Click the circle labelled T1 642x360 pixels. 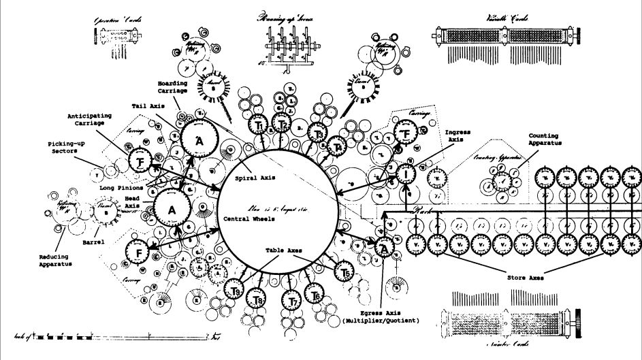259,126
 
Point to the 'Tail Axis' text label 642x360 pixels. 148,107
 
